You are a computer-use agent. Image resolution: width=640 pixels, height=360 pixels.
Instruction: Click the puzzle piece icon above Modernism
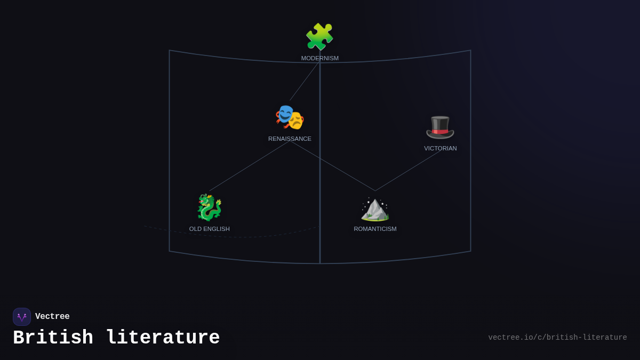pos(319,37)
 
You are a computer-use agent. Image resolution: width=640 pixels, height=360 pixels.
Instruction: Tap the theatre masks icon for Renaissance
pos(290,117)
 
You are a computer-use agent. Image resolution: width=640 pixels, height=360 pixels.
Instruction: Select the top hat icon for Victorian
pos(440,127)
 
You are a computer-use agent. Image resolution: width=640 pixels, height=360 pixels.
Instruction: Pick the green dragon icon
pos(209,207)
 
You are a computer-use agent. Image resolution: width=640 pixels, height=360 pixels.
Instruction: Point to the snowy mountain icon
pos(375,209)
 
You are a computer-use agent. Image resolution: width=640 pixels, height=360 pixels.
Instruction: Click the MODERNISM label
pos(319,58)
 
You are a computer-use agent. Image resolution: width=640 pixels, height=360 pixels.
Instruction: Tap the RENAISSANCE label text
pos(290,139)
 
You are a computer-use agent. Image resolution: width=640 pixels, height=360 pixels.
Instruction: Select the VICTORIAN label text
pos(440,148)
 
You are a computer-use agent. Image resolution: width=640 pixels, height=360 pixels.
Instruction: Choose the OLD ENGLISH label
pos(209,229)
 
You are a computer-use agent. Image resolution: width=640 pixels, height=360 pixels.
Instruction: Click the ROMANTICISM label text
pos(375,229)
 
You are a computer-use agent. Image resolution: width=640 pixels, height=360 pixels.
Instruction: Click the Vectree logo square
pos(22,317)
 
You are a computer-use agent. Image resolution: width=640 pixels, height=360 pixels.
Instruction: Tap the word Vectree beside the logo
pos(52,317)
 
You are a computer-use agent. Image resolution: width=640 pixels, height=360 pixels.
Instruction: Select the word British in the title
pos(53,338)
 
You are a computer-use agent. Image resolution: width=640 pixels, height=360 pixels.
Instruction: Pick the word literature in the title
pos(163,338)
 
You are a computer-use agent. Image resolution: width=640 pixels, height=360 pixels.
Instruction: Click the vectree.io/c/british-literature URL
pos(557,338)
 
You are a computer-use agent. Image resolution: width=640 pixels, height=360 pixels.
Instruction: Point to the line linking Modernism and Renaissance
pos(305,80)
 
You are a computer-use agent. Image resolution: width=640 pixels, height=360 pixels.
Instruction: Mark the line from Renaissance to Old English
pos(250,166)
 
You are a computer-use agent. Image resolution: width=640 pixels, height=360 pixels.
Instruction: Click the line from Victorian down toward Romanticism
pos(408,170)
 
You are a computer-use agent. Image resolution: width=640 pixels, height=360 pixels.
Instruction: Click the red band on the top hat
pos(440,131)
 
